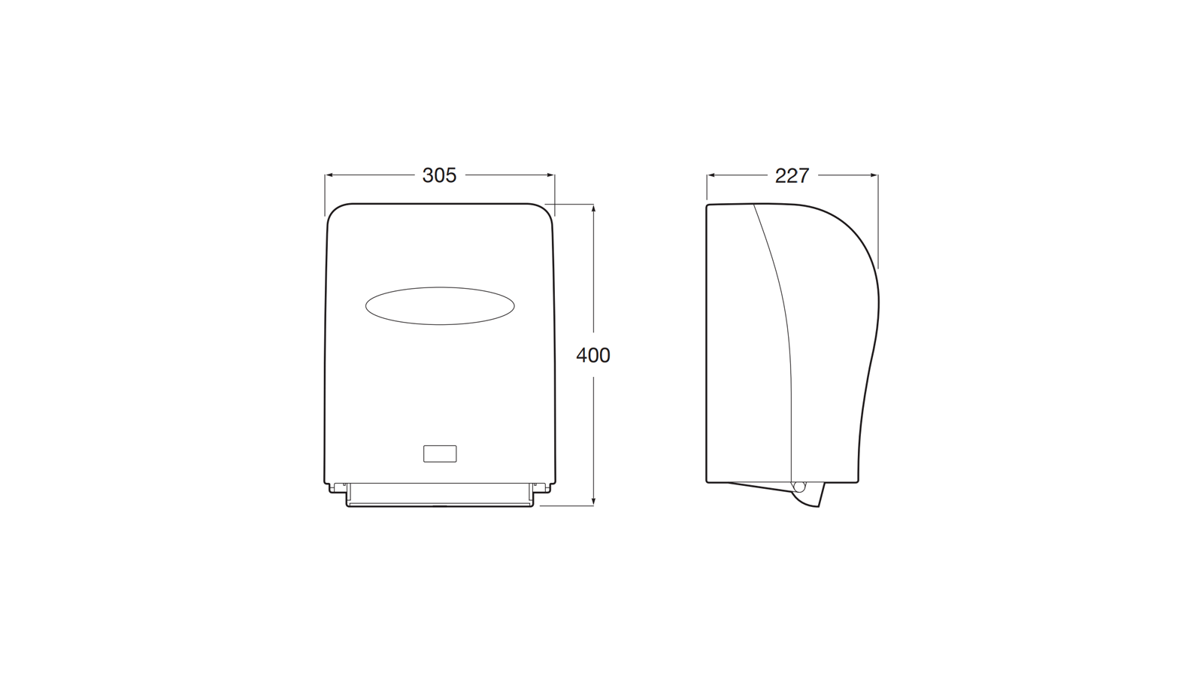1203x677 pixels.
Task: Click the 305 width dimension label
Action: click(x=439, y=175)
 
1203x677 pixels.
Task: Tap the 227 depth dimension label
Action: click(x=792, y=175)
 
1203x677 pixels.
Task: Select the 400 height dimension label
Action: click(x=593, y=355)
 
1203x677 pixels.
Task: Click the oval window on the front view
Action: click(x=440, y=305)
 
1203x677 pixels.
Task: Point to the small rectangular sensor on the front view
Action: click(x=440, y=454)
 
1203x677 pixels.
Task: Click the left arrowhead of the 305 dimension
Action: click(x=330, y=175)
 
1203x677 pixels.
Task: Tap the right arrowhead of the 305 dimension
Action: click(x=550, y=175)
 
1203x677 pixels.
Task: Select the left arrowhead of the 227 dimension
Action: click(x=711, y=175)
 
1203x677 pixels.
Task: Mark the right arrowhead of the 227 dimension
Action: click(x=873, y=175)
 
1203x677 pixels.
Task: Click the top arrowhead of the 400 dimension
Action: click(x=593, y=209)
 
